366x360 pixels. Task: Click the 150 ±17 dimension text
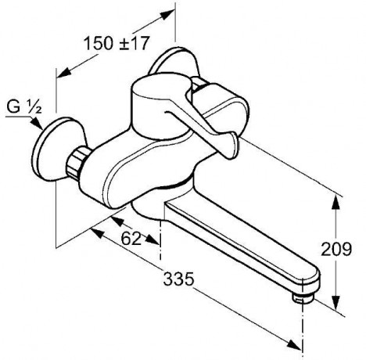[117, 43]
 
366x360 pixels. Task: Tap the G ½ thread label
[24, 107]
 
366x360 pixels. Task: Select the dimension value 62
[131, 238]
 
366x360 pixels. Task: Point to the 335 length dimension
[179, 279]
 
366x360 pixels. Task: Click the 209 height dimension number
[336, 249]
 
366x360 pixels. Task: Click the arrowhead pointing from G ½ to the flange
[37, 124]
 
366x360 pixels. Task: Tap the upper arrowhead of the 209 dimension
[336, 203]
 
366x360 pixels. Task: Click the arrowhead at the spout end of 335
[294, 345]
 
